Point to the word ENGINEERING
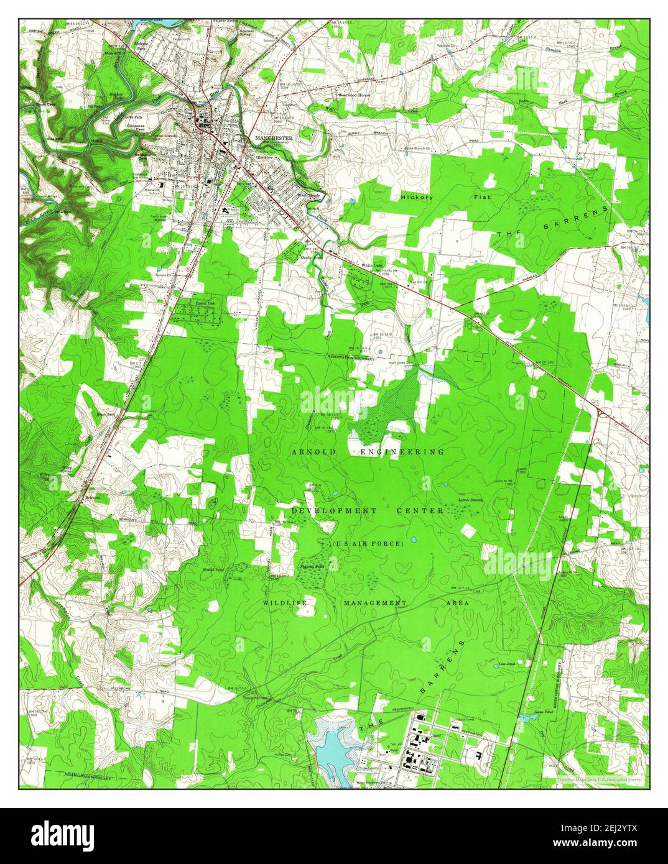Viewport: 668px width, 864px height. coord(402,452)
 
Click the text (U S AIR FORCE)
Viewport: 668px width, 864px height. coord(369,544)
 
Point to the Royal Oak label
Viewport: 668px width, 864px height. coord(205,304)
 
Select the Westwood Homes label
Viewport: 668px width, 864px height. coord(354,95)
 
